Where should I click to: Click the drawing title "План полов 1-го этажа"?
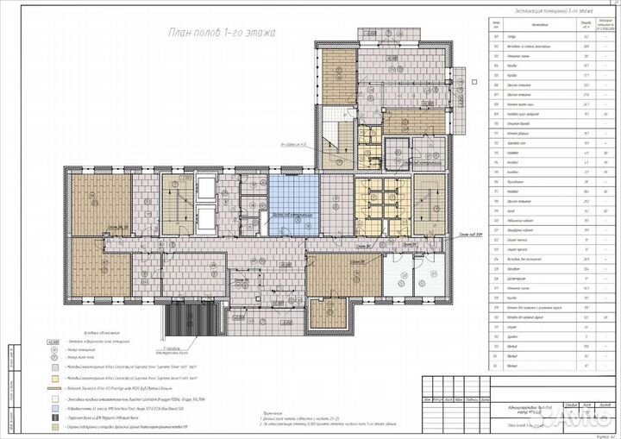220,34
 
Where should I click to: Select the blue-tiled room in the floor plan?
293,204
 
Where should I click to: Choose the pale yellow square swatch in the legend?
56,378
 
